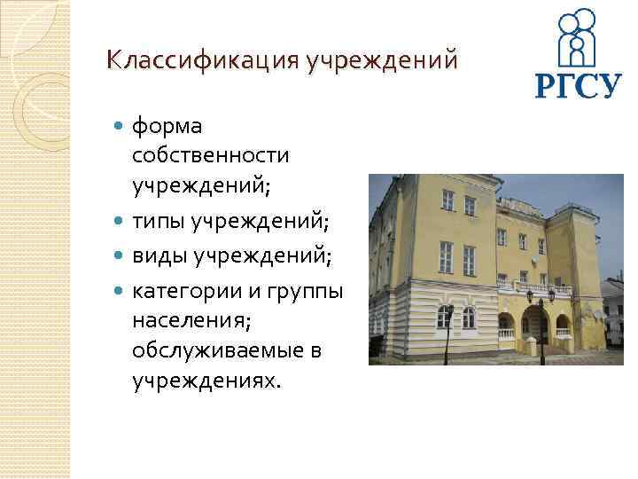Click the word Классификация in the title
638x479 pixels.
(x=201, y=61)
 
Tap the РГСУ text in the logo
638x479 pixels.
(x=578, y=86)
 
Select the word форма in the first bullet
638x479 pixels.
(x=167, y=128)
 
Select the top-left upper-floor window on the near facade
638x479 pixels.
(x=447, y=200)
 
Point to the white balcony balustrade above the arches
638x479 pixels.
(x=531, y=296)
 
